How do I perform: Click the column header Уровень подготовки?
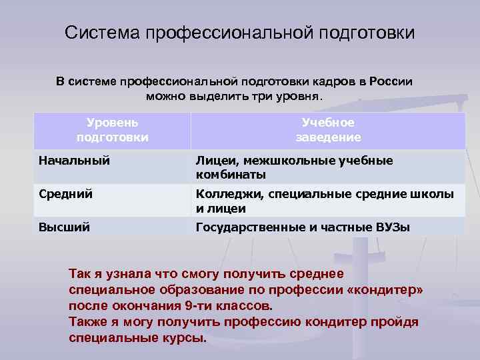pos(113,130)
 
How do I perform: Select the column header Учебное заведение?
pos(328,130)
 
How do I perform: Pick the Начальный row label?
pos(74,160)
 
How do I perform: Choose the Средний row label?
pos(65,194)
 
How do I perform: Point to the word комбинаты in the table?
pos(231,175)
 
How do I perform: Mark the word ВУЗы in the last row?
pos(392,227)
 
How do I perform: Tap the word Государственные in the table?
pos(249,227)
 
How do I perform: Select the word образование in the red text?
pos(196,290)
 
